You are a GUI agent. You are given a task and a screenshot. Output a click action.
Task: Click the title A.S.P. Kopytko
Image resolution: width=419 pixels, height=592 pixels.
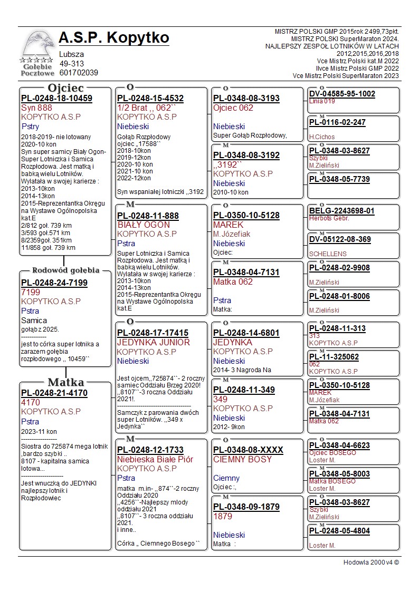click(x=114, y=38)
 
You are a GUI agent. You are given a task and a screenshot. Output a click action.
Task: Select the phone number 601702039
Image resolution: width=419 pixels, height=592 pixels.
click(x=79, y=73)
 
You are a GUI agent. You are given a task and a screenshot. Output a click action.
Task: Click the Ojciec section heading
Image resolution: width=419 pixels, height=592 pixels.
click(x=65, y=88)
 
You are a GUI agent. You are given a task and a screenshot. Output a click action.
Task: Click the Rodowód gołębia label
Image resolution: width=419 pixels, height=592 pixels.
click(x=66, y=270)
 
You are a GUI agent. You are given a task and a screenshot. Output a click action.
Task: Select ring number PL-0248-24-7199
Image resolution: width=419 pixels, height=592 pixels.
click(x=54, y=283)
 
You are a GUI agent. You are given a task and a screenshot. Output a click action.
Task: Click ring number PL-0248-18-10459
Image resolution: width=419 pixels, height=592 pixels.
click(x=56, y=98)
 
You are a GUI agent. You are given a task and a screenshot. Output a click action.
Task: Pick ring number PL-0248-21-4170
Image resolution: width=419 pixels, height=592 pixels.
click(x=54, y=393)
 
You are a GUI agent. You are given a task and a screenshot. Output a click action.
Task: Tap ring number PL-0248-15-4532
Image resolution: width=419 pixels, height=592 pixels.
click(x=150, y=98)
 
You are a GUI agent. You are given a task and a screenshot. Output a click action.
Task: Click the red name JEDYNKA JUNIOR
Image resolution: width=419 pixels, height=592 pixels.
click(x=153, y=342)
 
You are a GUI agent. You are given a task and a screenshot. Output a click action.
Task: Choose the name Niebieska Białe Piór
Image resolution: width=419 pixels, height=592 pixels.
click(x=155, y=459)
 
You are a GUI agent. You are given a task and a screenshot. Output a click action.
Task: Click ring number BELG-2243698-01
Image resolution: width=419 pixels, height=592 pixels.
click(x=341, y=211)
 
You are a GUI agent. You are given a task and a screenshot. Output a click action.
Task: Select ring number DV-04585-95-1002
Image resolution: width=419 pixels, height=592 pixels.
click(x=342, y=94)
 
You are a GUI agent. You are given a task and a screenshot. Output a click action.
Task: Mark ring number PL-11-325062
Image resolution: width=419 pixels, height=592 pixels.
click(x=334, y=357)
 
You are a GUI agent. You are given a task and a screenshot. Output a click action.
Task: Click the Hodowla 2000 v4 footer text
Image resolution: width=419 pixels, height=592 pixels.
click(x=371, y=562)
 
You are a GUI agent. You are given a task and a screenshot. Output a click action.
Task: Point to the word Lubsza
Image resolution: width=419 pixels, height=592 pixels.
click(x=71, y=54)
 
